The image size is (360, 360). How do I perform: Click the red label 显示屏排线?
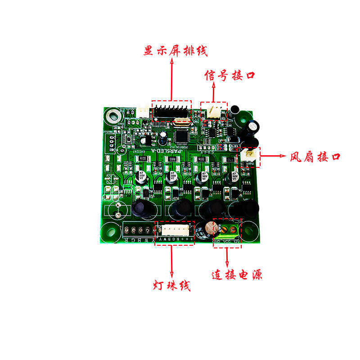175,50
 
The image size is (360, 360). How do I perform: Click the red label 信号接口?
229,75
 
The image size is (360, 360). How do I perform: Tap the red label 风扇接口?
315,157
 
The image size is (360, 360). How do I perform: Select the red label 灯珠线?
171,285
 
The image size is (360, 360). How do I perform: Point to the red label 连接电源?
237,274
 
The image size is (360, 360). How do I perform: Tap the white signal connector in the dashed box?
214,111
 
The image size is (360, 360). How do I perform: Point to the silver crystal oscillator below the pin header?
182,120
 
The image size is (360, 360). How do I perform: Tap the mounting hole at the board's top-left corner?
112,115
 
